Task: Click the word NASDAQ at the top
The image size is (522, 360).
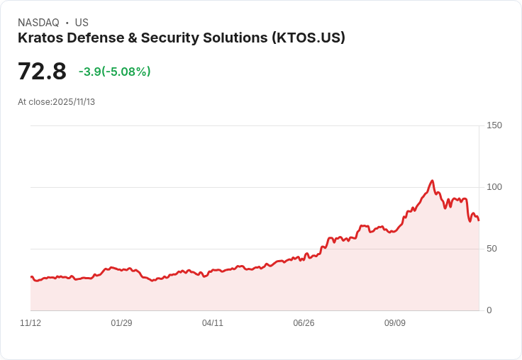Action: [38, 23]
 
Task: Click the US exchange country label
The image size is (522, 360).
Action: [82, 23]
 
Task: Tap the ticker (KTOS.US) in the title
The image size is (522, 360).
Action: [309, 38]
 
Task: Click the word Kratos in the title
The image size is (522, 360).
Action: [40, 38]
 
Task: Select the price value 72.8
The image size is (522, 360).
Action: [42, 72]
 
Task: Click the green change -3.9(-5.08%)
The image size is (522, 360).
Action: [114, 72]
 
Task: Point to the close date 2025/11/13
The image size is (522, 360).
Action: [74, 102]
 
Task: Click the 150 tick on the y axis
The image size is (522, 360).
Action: [494, 125]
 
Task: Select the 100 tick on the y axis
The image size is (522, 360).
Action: [494, 187]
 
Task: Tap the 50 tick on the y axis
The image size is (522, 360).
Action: [492, 249]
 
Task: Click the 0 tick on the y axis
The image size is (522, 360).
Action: [489, 310]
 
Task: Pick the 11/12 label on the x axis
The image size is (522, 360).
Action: [30, 323]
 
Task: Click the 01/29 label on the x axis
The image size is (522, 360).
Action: [121, 323]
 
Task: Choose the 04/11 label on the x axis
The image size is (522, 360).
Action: [213, 323]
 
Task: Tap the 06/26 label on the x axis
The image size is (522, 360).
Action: [304, 323]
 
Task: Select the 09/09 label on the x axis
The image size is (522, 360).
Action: [395, 323]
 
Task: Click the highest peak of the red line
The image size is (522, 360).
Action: [432, 181]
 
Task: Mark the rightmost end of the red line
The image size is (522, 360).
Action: [479, 220]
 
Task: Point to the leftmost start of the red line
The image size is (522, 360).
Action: [31, 277]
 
